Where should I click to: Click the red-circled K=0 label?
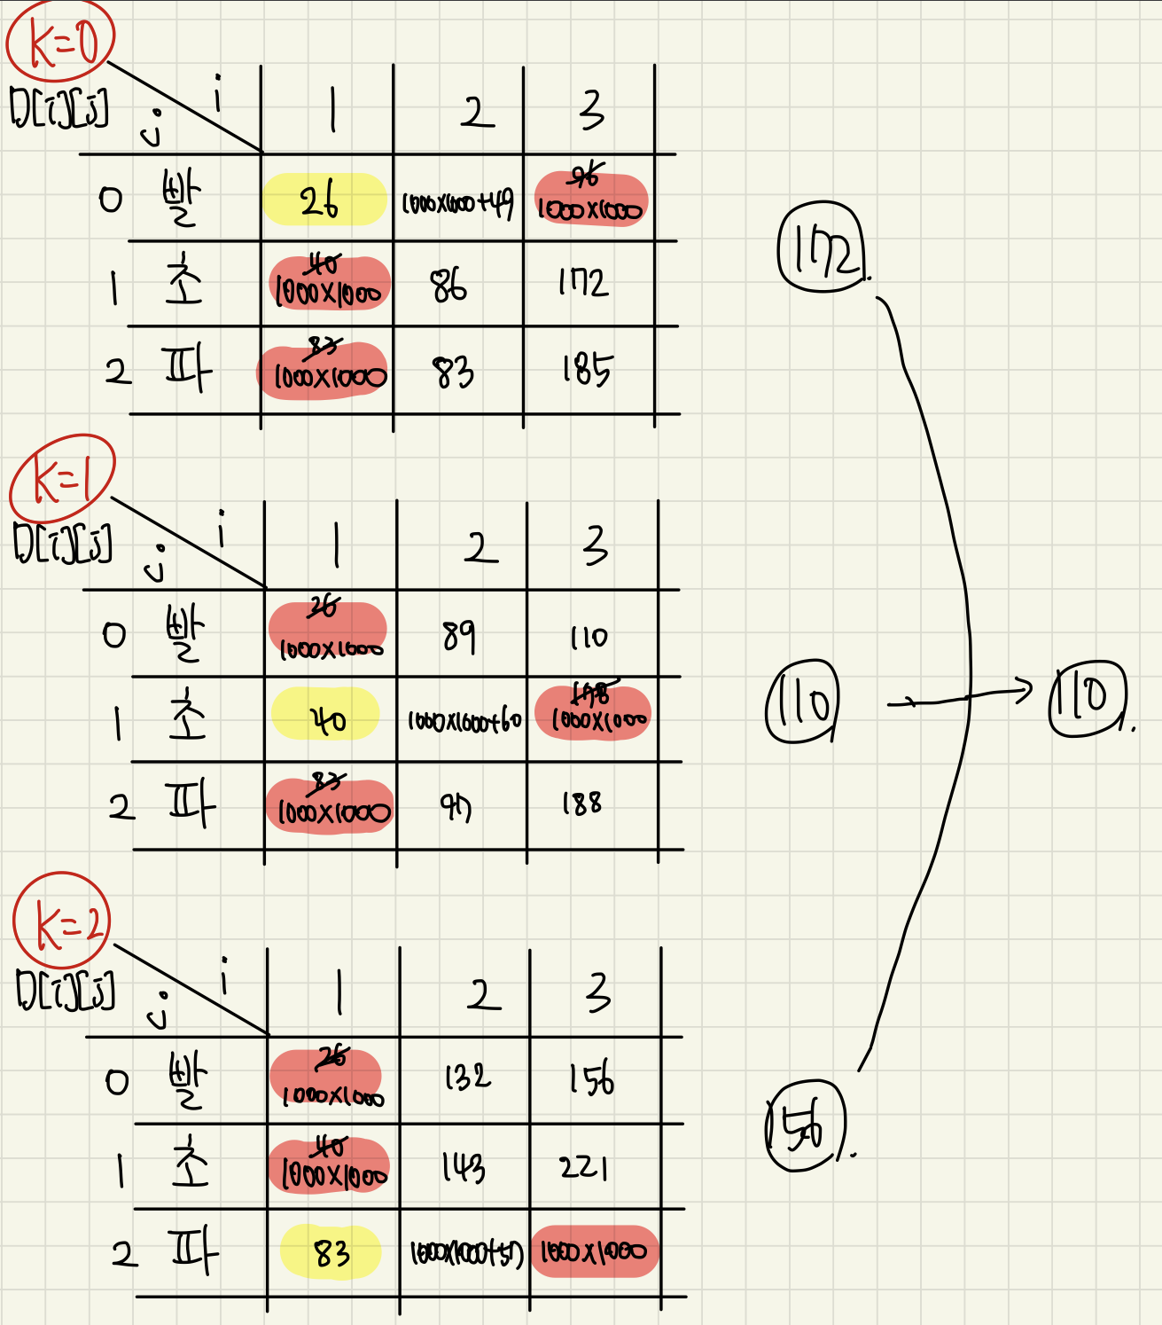click(x=60, y=43)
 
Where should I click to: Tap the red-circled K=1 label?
click(x=62, y=480)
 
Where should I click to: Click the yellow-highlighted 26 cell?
click(x=324, y=200)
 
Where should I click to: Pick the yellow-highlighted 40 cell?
click(x=326, y=718)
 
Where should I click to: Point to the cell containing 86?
click(x=448, y=286)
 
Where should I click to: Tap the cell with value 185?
click(x=586, y=369)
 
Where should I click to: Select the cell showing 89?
click(x=459, y=635)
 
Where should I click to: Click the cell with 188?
click(x=581, y=804)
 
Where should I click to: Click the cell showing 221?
click(x=583, y=1166)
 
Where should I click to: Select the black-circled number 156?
click(x=805, y=1126)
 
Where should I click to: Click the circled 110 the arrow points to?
click(x=1088, y=698)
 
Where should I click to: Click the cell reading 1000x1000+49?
click(x=457, y=204)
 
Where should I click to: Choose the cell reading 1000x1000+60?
click(x=464, y=721)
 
